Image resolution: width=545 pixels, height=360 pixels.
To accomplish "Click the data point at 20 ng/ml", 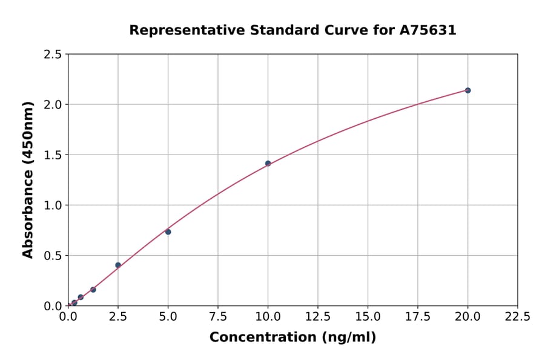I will click(x=467, y=90).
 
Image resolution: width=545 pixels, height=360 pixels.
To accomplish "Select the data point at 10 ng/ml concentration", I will click(x=268, y=163).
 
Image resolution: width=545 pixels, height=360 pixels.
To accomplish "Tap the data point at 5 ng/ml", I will click(x=168, y=232).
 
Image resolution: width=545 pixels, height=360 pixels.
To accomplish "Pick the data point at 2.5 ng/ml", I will click(x=118, y=265).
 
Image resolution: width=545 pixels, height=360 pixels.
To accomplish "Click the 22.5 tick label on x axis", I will click(x=517, y=316).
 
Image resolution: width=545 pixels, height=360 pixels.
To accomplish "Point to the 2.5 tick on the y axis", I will click(x=54, y=55).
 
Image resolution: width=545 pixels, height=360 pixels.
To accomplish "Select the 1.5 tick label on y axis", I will click(x=54, y=155).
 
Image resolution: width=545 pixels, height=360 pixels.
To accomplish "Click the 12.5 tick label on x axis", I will click(x=317, y=316).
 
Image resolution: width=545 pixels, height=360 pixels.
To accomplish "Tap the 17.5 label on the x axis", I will click(x=417, y=316).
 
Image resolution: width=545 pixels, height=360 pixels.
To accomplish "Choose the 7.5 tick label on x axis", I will click(x=218, y=316).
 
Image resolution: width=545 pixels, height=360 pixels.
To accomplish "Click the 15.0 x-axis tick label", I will click(x=368, y=316).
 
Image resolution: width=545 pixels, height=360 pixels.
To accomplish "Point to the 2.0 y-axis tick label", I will click(x=54, y=105).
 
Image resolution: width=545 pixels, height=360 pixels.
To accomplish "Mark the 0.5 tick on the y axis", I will click(x=54, y=256).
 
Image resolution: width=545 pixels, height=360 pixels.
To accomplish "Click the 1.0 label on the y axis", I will click(x=54, y=205).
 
